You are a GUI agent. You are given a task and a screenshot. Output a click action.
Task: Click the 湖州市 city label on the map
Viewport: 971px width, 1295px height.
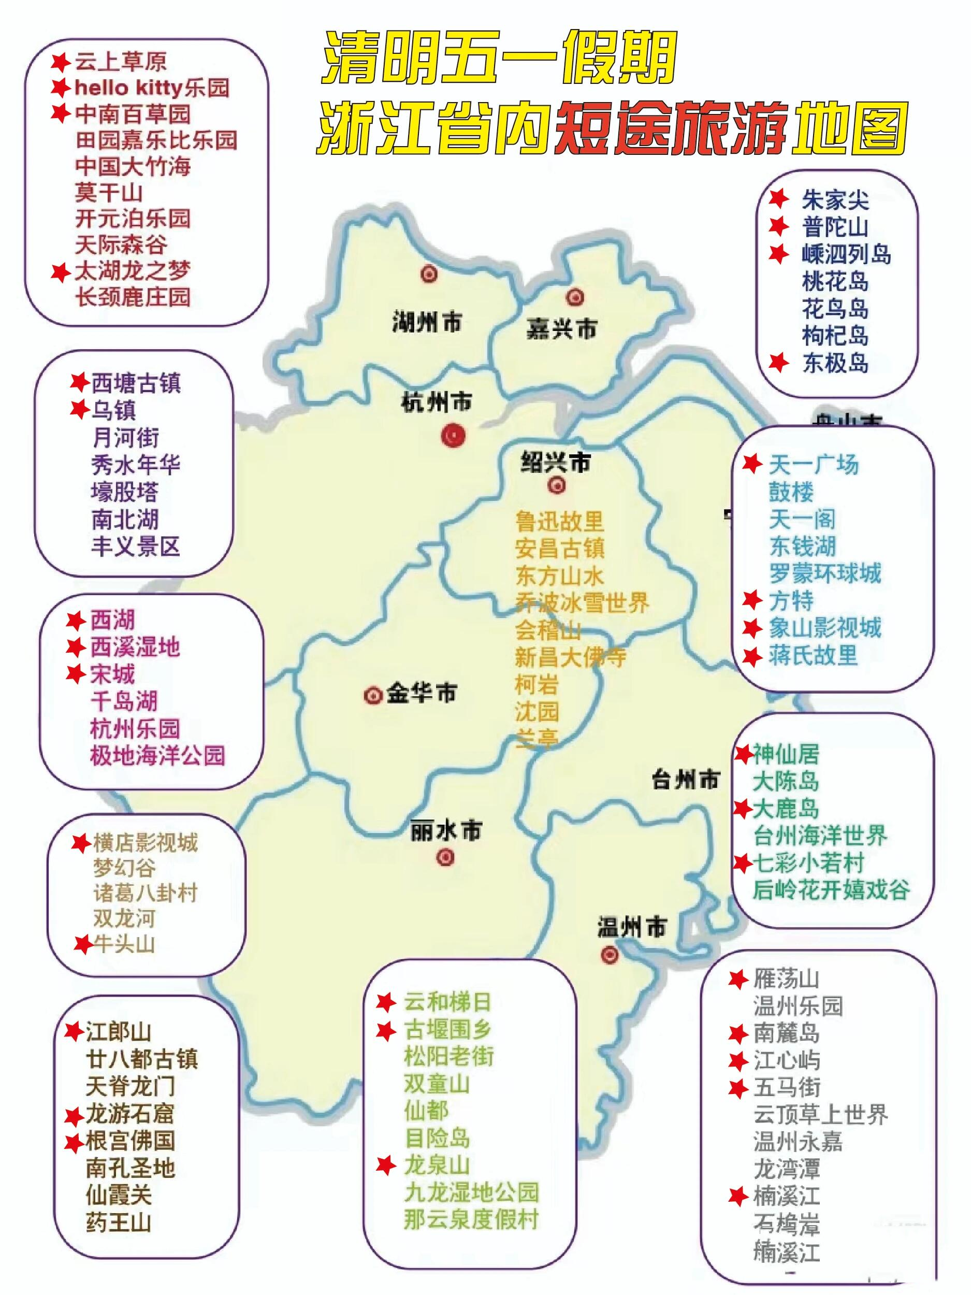(427, 323)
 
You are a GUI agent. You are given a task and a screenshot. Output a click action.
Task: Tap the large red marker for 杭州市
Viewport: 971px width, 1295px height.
(453, 436)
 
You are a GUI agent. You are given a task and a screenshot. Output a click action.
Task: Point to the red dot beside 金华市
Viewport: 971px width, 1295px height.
(372, 696)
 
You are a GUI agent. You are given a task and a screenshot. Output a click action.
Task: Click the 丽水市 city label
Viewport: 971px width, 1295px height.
(446, 831)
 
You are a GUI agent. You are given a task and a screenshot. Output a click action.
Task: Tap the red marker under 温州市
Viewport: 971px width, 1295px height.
(610, 955)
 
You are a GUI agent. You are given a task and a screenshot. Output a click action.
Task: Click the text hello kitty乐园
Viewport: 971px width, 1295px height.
(152, 88)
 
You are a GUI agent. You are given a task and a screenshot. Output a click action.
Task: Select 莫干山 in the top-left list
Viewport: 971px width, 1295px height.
(109, 192)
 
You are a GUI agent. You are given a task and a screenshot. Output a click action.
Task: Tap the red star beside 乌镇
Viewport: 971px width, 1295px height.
(79, 409)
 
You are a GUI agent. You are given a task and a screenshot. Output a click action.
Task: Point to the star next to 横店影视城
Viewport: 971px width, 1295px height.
(81, 843)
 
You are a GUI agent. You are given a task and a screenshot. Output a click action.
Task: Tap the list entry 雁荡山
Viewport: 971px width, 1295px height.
(786, 979)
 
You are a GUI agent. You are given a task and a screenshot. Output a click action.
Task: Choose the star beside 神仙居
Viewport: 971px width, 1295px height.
(743, 755)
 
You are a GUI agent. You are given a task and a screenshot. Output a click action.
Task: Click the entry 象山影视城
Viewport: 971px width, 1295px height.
(824, 628)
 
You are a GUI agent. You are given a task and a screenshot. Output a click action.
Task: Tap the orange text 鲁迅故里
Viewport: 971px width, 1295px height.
(559, 521)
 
